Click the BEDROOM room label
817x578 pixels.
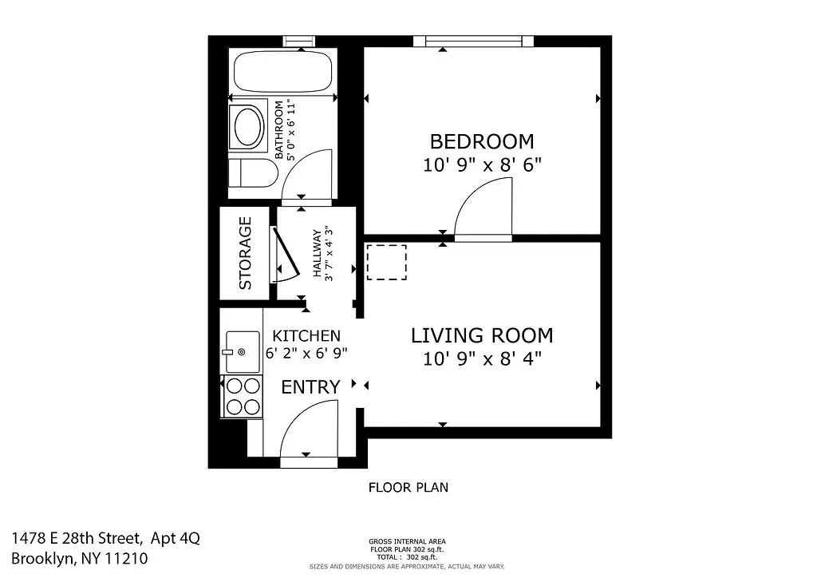pos(482,141)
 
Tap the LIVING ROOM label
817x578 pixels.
pos(482,335)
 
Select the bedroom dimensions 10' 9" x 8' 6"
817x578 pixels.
pos(482,165)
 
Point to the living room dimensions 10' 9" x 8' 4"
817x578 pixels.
pos(482,358)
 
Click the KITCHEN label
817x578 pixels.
pos(306,336)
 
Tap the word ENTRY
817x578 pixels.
pos(310,387)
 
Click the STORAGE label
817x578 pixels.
pos(245,253)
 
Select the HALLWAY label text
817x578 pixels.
pos(317,254)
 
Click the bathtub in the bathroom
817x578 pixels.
pos(282,72)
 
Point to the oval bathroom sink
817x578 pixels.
pos(248,126)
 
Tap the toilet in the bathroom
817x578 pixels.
pos(248,176)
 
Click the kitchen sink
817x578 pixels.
pos(242,351)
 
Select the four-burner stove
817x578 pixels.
pos(243,396)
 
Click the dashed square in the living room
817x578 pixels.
pos(386,263)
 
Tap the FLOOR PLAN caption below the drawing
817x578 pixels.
pos(408,487)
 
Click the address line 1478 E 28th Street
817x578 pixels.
pos(105,539)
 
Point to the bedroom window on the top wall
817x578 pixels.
pos(474,41)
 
